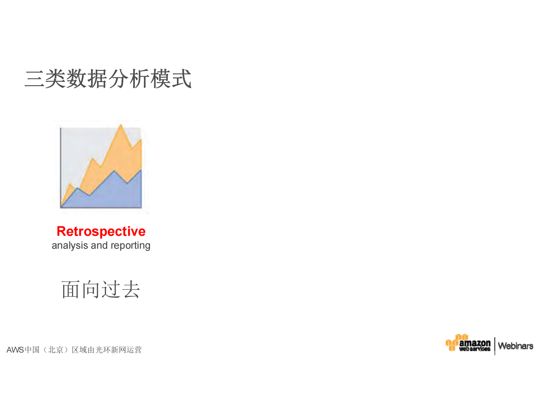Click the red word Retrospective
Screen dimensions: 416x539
101,231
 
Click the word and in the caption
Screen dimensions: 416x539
99,245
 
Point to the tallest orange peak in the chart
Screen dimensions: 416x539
121,126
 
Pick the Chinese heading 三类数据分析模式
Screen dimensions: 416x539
108,79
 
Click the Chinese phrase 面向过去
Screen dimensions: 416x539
101,289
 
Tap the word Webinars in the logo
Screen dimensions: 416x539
515,346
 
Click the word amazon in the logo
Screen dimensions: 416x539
475,343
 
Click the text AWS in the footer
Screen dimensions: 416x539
15,350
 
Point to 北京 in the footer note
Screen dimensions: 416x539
56,350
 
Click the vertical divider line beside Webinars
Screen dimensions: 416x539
495,346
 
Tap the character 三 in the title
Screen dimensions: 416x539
34,79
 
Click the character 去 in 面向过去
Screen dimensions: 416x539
131,289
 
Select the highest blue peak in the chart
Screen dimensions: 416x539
114,172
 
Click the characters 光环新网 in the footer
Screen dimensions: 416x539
107,350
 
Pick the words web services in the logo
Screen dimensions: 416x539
475,349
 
